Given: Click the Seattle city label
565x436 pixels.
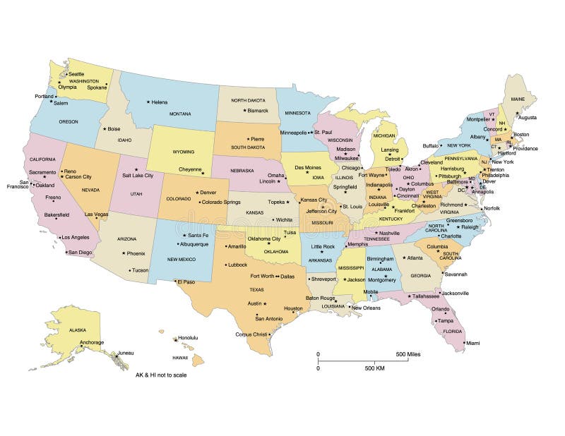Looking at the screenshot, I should (x=76, y=74).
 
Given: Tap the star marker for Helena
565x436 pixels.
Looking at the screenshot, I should (x=148, y=102).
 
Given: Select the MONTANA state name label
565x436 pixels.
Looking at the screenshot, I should (x=180, y=114).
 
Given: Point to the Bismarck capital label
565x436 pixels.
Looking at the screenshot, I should (x=258, y=111).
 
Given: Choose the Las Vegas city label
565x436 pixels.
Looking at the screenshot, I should (x=96, y=214).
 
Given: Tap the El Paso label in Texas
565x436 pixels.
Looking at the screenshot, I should (x=186, y=281).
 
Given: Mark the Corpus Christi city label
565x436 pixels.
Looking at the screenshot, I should (x=251, y=334).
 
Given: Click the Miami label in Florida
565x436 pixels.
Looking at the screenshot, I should (x=472, y=344).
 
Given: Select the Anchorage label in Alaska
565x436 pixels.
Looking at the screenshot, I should (x=92, y=342).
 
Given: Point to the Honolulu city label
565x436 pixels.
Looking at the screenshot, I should (x=188, y=338).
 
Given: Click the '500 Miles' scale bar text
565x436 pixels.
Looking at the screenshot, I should (x=408, y=354).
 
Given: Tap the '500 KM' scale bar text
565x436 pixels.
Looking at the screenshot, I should (x=374, y=368).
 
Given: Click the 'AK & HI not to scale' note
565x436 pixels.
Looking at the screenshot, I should (x=161, y=375).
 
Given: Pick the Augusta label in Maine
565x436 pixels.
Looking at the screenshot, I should (x=527, y=118).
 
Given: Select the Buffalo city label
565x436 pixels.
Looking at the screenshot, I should (x=430, y=145).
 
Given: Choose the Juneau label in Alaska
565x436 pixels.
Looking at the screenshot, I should (x=125, y=352).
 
